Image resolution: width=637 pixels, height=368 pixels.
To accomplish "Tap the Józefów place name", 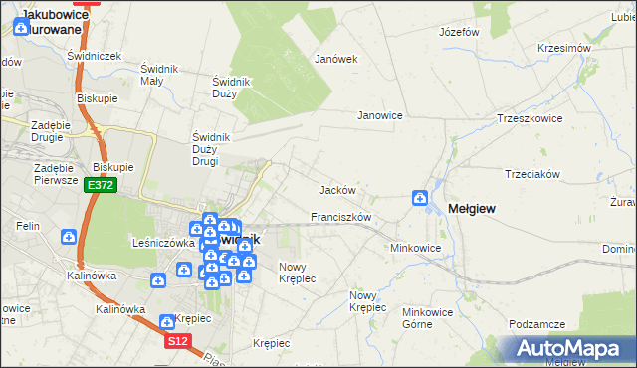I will (460, 32).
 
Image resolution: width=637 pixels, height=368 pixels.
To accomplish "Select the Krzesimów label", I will (564, 48).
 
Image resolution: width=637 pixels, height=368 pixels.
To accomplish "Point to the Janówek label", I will (335, 59).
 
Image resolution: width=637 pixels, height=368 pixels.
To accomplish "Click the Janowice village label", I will (380, 115).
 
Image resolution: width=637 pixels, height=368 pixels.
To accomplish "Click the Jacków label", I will (337, 189).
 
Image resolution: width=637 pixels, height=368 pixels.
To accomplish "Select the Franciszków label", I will (340, 217).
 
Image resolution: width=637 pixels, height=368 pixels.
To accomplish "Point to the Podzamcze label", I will (536, 324).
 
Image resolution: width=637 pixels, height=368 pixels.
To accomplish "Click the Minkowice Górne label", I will (427, 318).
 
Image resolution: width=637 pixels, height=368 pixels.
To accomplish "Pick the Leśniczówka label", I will (161, 242).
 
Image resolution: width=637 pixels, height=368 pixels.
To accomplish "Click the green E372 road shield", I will (101, 185).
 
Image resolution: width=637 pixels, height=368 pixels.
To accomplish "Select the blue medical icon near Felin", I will (69, 237).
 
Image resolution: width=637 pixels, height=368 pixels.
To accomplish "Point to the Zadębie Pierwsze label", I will (40, 173).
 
